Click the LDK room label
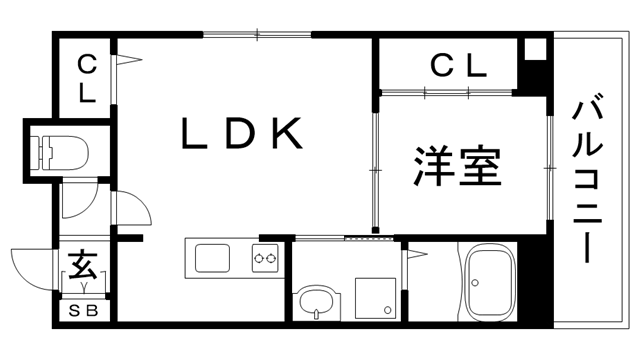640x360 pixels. tap(241, 135)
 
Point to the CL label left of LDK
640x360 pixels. tap(87, 80)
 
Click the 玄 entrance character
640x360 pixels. tap(83, 267)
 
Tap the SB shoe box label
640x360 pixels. tap(84, 311)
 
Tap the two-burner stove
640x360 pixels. tap(265, 259)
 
